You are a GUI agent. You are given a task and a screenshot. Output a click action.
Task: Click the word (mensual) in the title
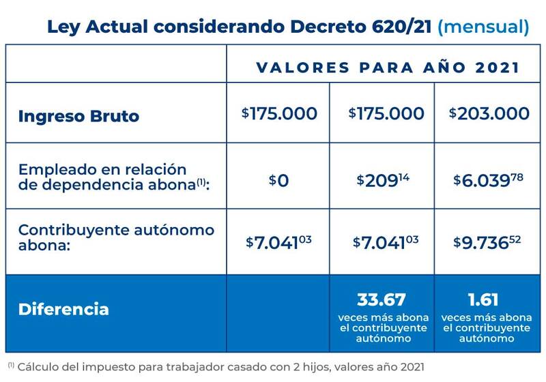pyautogui.click(x=483, y=27)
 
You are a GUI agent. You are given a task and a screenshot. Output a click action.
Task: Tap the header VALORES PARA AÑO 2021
pyautogui.click(x=388, y=68)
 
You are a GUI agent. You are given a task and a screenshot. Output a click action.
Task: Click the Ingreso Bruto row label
pyautogui.click(x=78, y=115)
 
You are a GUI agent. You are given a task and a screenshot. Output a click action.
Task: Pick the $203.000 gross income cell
pyautogui.click(x=489, y=113)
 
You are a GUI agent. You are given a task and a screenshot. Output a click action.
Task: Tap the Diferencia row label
pyautogui.click(x=63, y=308)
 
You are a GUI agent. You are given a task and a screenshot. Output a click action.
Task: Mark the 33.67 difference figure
pyautogui.click(x=382, y=299)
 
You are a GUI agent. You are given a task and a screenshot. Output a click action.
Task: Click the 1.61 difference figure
pyautogui.click(x=485, y=299)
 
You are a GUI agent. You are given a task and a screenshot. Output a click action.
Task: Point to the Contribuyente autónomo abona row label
pyautogui.click(x=116, y=237)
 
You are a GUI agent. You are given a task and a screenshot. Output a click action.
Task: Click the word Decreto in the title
pyautogui.click(x=320, y=27)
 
